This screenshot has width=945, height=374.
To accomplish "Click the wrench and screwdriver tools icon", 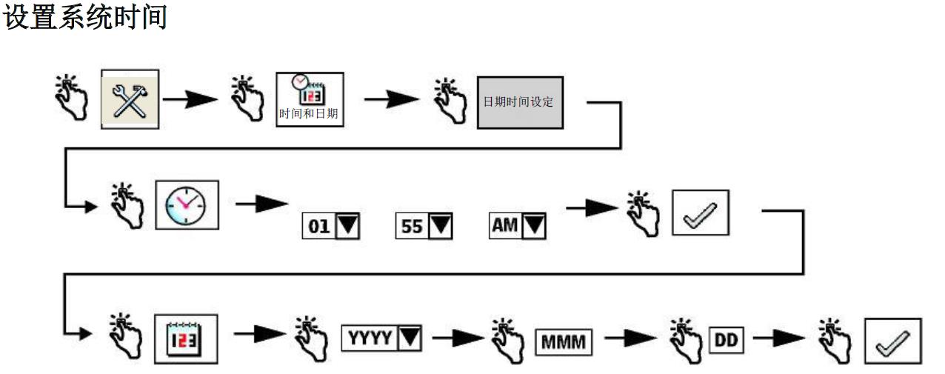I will click(130, 99).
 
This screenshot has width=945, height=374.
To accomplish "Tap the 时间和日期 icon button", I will click(310, 99).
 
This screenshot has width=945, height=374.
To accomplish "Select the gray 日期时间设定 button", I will click(519, 101).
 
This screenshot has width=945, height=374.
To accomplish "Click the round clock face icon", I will click(187, 204).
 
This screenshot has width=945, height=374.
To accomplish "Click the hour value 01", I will click(319, 227).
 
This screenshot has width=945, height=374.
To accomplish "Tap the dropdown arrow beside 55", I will click(441, 227).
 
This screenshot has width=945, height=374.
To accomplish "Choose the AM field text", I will click(505, 225).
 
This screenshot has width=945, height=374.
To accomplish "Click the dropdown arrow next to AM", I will click(534, 226).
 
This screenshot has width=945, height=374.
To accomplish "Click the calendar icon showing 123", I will click(186, 339).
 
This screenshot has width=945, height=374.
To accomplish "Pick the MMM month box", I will click(564, 342).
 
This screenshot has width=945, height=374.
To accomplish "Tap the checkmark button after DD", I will click(892, 341).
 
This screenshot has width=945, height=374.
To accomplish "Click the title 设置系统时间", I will click(85, 16).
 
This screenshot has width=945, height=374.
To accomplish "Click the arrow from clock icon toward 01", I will click(261, 204).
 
